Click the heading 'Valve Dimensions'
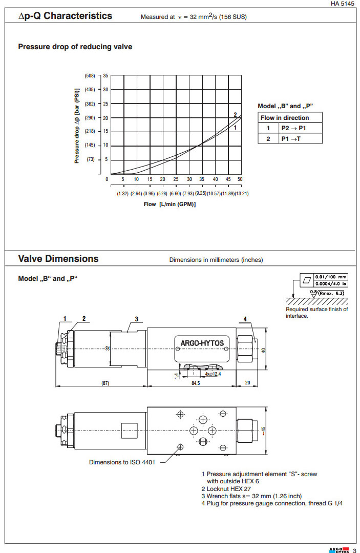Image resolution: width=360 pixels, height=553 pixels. (58, 258)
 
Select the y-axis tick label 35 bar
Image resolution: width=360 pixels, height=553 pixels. (105, 76)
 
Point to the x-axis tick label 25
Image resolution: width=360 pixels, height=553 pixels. (176, 179)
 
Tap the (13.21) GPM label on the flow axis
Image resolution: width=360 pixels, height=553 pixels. (238, 193)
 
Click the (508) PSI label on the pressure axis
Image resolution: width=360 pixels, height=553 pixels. (90, 76)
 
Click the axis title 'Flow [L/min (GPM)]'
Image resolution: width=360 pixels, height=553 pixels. (170, 204)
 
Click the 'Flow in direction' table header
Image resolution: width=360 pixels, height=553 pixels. (285, 118)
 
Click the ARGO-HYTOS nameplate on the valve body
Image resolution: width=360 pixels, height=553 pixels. (202, 343)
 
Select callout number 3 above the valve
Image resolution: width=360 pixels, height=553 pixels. (137, 319)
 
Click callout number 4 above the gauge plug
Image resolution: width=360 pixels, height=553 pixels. (245, 319)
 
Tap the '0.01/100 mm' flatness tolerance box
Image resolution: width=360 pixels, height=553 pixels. (330, 277)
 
